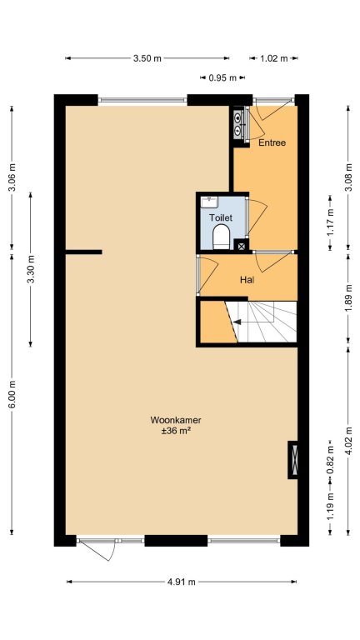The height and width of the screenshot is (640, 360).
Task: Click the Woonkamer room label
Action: tap(176, 420)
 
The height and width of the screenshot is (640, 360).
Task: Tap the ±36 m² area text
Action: tap(177, 431)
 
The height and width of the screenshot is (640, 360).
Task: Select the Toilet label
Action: tap(221, 217)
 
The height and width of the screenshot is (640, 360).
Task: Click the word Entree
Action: tap(272, 142)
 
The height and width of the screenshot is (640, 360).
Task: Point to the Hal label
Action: tap(247, 280)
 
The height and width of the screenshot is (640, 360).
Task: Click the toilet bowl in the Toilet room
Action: tap(222, 237)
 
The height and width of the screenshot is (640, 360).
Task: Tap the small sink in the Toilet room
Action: tap(209, 202)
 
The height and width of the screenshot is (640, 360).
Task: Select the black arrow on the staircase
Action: tap(237, 322)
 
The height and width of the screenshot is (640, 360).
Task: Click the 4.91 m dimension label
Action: tap(182, 582)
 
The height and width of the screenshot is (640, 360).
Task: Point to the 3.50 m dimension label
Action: tap(147, 58)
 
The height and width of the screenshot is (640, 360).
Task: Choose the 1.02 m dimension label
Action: tap(274, 58)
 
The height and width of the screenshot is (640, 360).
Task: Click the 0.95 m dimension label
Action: tap(222, 77)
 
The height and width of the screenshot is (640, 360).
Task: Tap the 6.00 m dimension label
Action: tap(12, 394)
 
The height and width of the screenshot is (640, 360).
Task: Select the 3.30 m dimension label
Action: tap(31, 269)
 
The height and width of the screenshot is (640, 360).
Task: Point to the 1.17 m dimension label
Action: tap(330, 222)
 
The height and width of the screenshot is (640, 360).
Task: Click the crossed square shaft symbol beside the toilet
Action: tap(241, 246)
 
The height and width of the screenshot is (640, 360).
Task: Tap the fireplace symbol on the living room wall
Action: tap(292, 460)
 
